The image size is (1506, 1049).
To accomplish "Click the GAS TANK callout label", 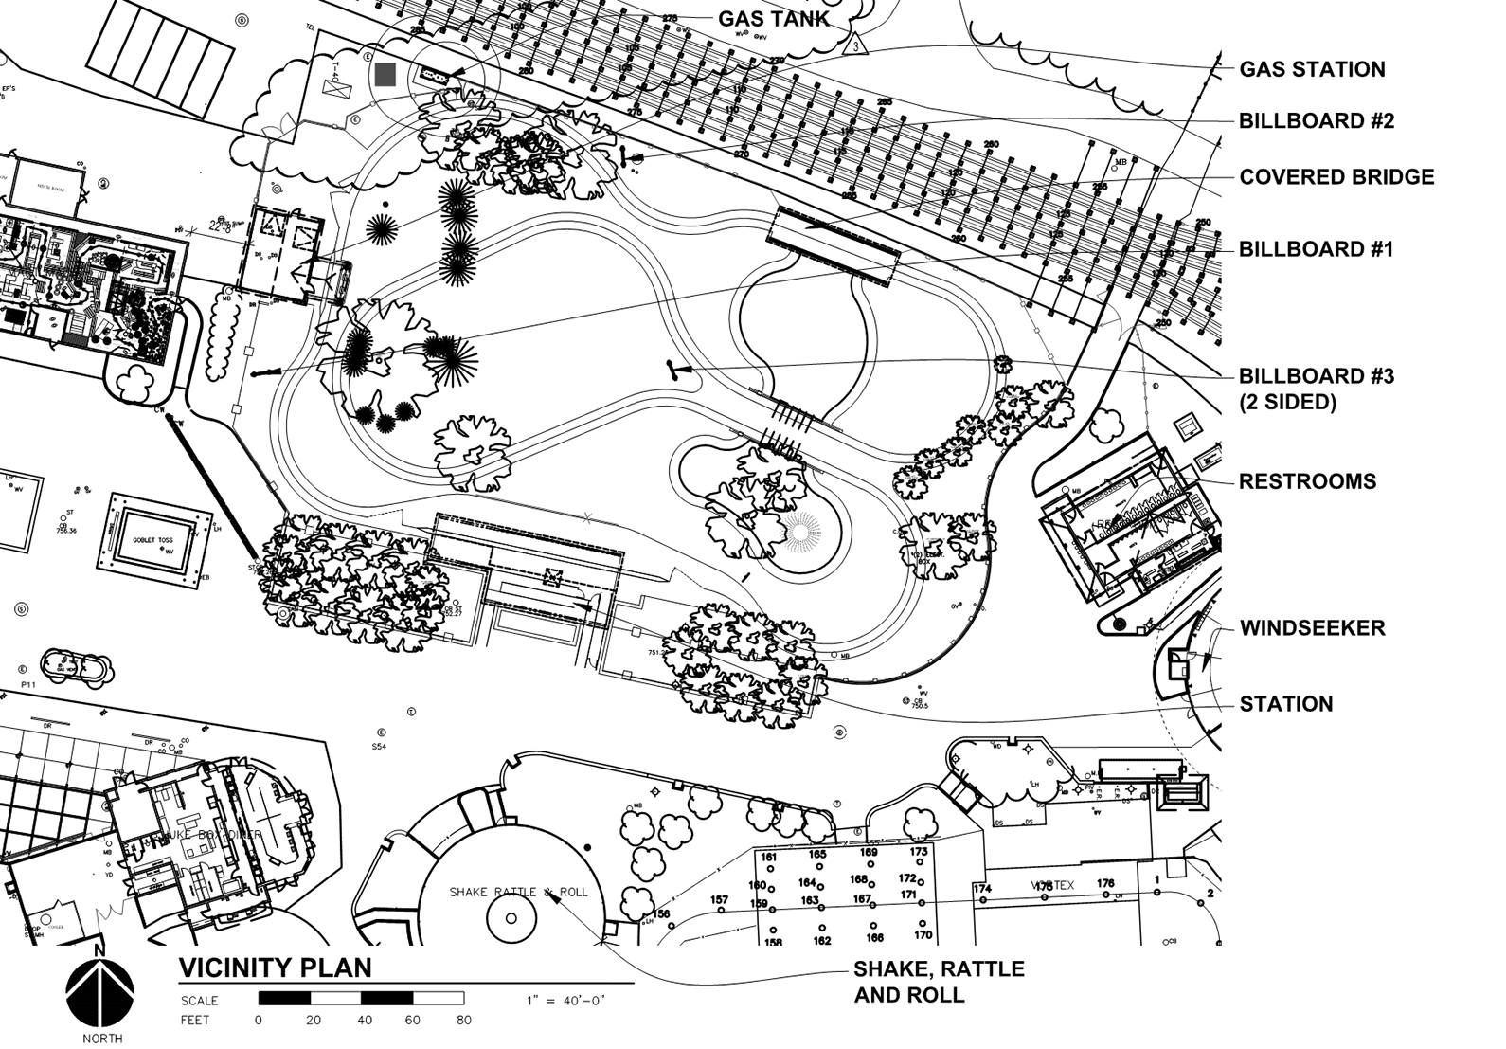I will coord(773,18).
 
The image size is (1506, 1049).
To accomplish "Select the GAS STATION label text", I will coord(1312,69).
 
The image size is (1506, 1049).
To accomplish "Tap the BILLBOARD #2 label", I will coord(1316,121).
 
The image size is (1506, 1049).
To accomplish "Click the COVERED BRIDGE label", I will coord(1336,177).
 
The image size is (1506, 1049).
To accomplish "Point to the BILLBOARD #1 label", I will coord(1316,249).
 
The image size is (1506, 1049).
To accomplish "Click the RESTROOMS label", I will coord(1307,481).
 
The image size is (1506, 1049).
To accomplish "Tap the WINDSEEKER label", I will coord(1312,628).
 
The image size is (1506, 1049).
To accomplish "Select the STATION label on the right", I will coord(1285,704).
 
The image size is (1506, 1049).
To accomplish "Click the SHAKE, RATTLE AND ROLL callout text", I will coord(938,982).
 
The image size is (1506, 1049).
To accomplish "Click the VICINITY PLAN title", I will coord(275,968).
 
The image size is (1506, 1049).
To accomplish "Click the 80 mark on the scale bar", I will coord(463,1021).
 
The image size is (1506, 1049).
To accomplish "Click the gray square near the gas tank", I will coord(385,75).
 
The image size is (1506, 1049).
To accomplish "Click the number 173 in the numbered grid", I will coord(919,852).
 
